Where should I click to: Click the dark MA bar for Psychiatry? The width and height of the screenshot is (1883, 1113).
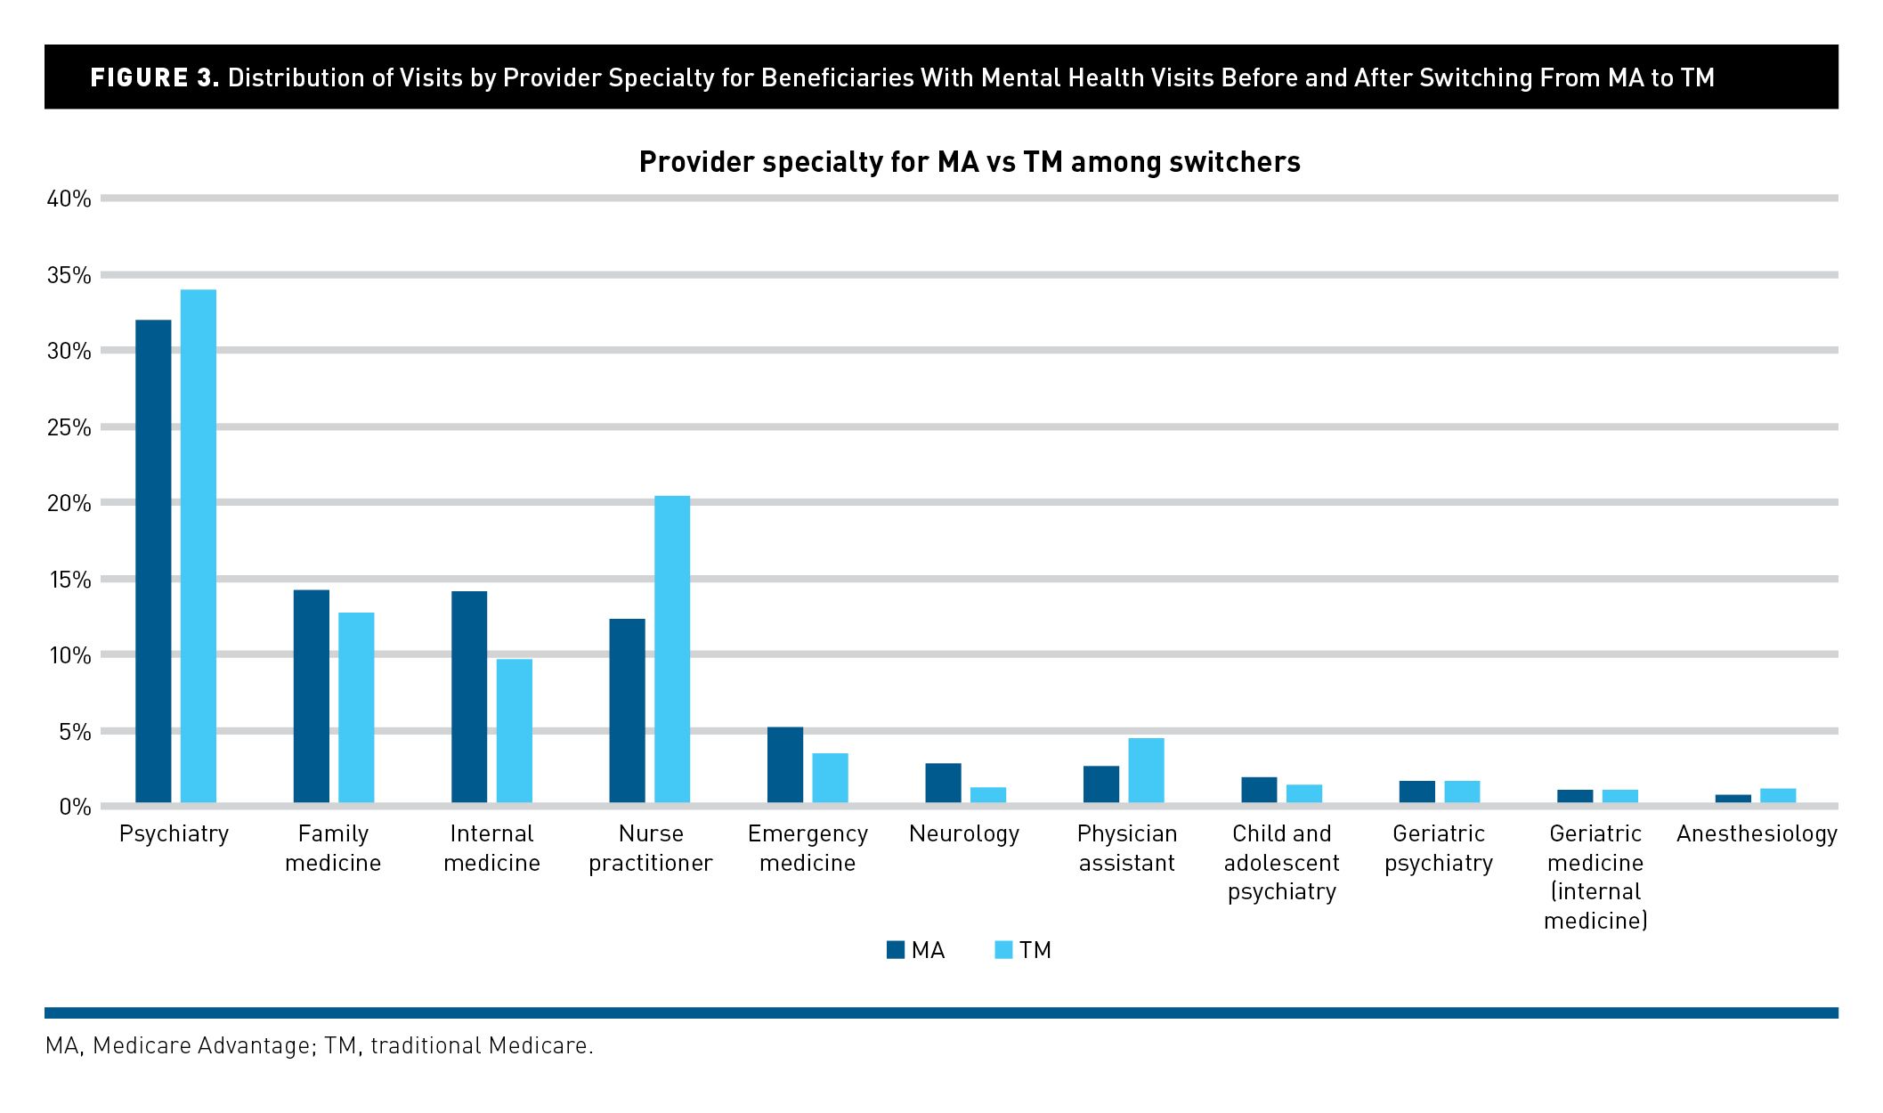153,561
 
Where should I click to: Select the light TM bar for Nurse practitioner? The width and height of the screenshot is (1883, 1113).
672,649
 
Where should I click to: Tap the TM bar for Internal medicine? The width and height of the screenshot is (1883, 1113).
515,731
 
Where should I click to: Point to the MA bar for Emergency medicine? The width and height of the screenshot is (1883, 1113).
785,765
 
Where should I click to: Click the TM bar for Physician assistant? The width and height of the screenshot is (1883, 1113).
1146,770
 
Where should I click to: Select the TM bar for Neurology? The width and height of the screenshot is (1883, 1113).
988,795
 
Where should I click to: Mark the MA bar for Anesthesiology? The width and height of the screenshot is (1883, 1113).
1733,799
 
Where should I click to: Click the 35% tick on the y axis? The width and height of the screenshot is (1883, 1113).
69,275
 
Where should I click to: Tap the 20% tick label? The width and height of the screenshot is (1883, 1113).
69,503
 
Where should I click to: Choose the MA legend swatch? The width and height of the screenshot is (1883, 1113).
896,950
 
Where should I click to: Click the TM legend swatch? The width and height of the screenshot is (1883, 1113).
1003,950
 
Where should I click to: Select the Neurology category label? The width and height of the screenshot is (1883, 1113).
964,834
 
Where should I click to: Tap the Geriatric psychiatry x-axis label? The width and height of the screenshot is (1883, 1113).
1439,848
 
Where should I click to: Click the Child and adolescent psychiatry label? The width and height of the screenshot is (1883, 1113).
1282,862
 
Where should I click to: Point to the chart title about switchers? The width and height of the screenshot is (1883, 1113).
970,162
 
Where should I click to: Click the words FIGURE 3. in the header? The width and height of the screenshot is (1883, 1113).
154,77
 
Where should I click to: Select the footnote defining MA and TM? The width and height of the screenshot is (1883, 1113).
320,1045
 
